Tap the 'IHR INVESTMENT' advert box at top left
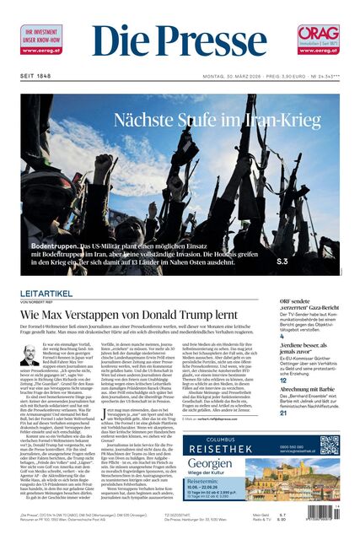pos(40,40)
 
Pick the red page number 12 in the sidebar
pos(283,380)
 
